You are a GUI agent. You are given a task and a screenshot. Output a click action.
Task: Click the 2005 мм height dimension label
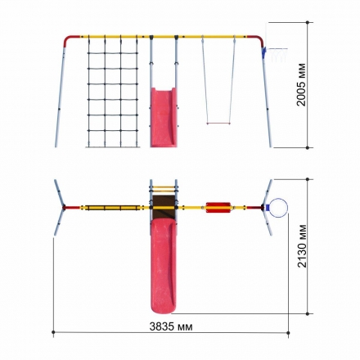pyautogui.click(x=301, y=84)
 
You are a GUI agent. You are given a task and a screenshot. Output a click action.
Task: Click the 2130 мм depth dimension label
pyautogui.click(x=302, y=246)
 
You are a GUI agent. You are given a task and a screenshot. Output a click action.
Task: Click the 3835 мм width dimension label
pyautogui.click(x=171, y=326)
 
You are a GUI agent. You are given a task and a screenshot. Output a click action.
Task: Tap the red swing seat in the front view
pyautogui.click(x=218, y=124)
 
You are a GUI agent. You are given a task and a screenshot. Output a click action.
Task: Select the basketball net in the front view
pyautogui.click(x=278, y=55)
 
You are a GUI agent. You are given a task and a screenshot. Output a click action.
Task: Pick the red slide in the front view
pyautogui.click(x=164, y=117)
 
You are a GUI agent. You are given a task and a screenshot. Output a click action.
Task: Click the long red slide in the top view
pyautogui.click(x=164, y=265)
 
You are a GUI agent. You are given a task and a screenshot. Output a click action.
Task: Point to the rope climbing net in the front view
pyautogui.click(x=113, y=92)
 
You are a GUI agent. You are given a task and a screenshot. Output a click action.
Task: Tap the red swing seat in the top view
pyautogui.click(x=218, y=208)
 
